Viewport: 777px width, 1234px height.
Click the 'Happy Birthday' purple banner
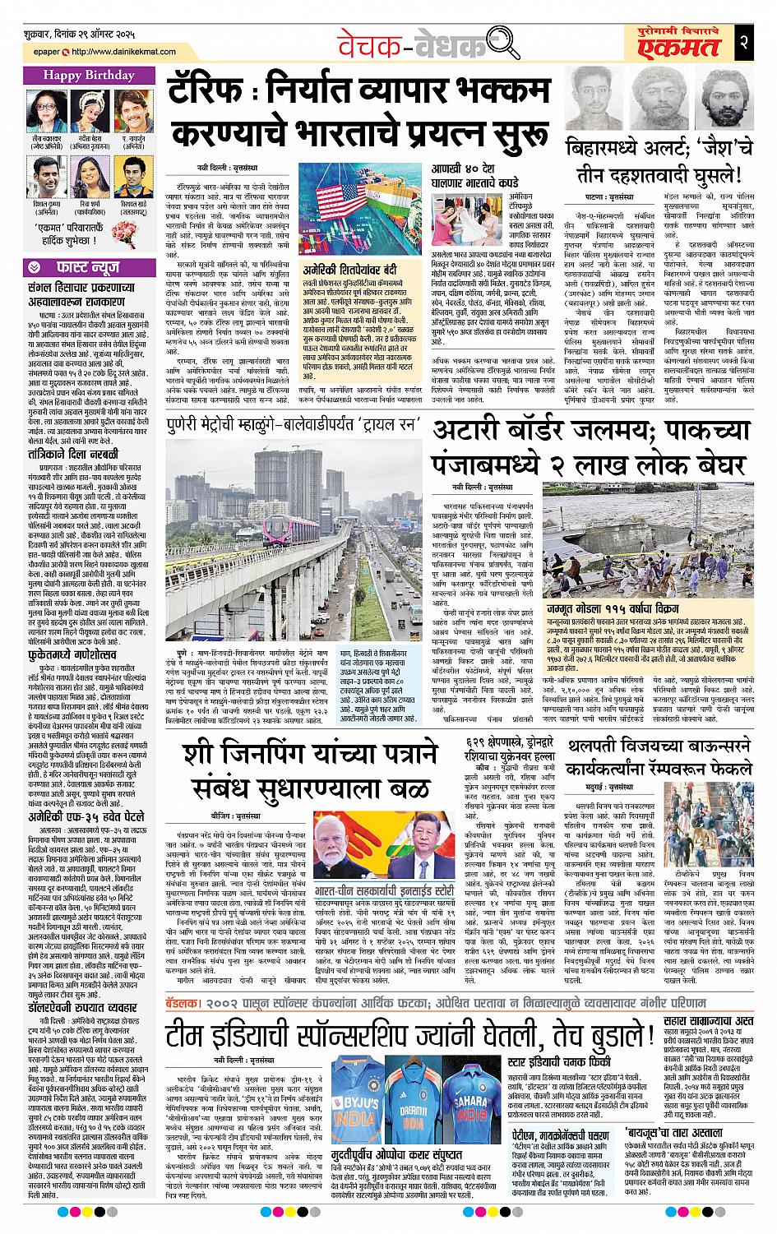[x=80, y=76]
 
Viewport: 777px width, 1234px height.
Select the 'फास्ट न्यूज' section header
[x=80, y=266]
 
